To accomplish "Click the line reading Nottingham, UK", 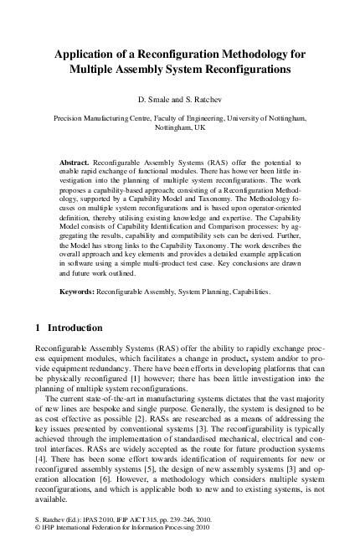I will (x=179, y=130).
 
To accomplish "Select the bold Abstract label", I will (x=75, y=158).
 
